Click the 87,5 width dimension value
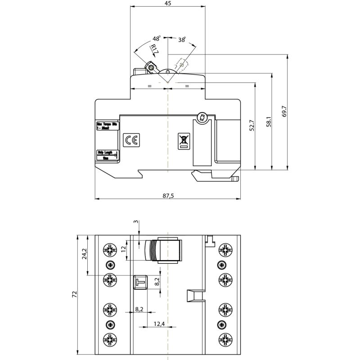[167, 196]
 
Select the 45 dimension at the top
[167, 4]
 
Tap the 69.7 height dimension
[284, 112]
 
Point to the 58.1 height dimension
[268, 121]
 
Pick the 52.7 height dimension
[252, 126]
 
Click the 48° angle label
[157, 39]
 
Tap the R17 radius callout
[154, 49]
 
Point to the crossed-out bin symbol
[184, 140]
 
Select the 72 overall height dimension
[75, 294]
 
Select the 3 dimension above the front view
[137, 222]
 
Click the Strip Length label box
[107, 155]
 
